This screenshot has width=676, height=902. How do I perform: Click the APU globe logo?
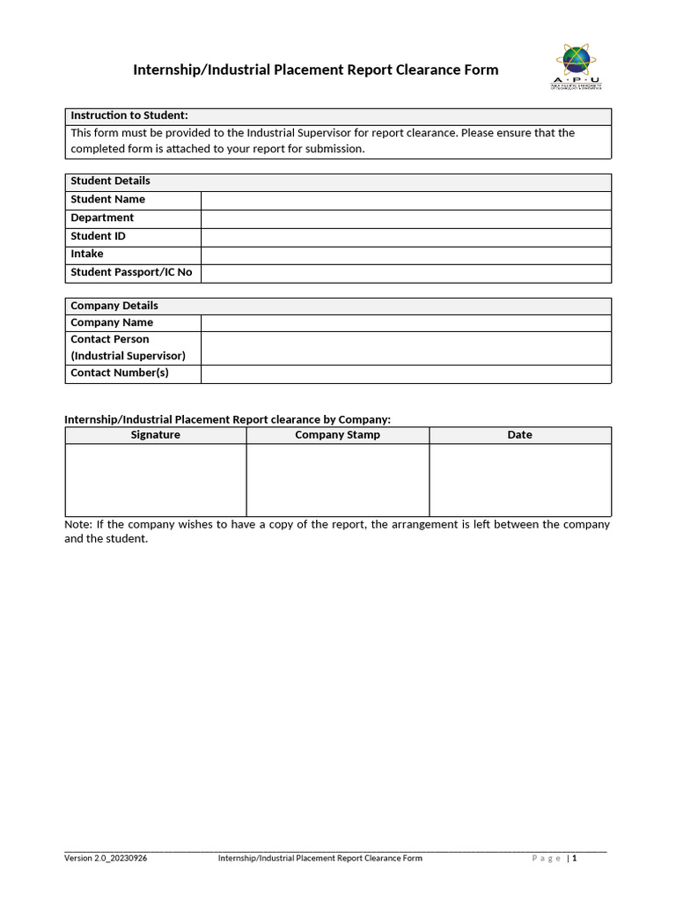pyautogui.click(x=577, y=61)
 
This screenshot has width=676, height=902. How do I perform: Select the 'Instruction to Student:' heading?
pyautogui.click(x=129, y=115)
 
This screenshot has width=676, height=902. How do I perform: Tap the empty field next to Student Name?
pyautogui.click(x=406, y=200)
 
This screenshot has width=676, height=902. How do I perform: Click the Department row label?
pyautogui.click(x=102, y=218)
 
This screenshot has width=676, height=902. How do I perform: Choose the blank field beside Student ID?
pyautogui.click(x=406, y=237)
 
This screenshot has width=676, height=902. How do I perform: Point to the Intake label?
pyautogui.click(x=87, y=254)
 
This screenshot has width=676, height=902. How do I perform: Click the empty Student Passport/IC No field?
pyautogui.click(x=406, y=273)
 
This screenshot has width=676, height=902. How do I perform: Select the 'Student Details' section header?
pyautogui.click(x=110, y=181)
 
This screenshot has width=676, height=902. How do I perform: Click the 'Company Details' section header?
pyautogui.click(x=114, y=306)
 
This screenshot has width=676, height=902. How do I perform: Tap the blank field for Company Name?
pyautogui.click(x=406, y=323)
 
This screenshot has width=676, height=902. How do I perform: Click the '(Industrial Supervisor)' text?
pyautogui.click(x=128, y=356)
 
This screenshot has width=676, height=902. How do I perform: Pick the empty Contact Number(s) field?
pyautogui.click(x=406, y=373)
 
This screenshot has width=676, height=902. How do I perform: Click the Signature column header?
pyautogui.click(x=156, y=435)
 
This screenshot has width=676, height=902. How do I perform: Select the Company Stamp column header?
pyautogui.click(x=338, y=435)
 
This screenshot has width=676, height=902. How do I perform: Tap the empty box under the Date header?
pyautogui.click(x=520, y=480)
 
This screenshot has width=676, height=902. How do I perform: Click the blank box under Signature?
pyautogui.click(x=156, y=480)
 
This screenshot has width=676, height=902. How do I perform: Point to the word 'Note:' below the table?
pyautogui.click(x=77, y=524)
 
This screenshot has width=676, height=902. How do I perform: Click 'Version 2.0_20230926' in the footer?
pyautogui.click(x=106, y=858)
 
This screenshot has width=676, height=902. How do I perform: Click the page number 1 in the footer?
pyautogui.click(x=575, y=858)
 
